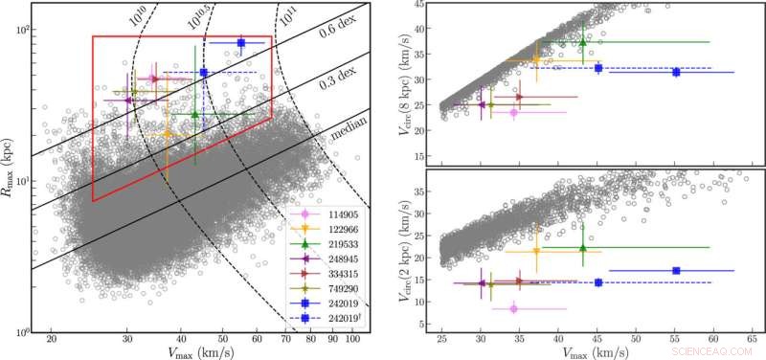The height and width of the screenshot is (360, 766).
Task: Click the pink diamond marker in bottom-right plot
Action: coord(513,308)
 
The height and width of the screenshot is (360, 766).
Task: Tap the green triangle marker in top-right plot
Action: coord(583,42)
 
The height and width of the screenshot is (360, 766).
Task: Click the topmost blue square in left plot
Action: coord(241,43)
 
